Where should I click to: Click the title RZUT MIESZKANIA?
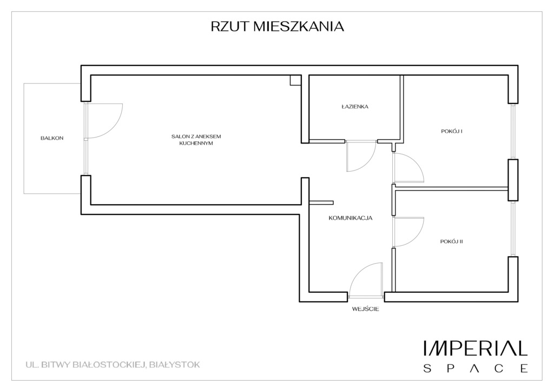pos(277,27)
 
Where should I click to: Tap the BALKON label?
pos(52,138)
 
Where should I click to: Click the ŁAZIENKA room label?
pos(355,107)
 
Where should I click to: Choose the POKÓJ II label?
pos(452,241)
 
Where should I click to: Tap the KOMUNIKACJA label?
pos(351,218)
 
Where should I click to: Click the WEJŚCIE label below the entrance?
pos(365,309)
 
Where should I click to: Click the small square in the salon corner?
pos(295,80)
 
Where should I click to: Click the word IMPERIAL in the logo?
pos(476,348)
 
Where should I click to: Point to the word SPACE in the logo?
pos(476,369)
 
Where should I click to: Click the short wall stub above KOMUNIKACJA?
pos(321,202)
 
